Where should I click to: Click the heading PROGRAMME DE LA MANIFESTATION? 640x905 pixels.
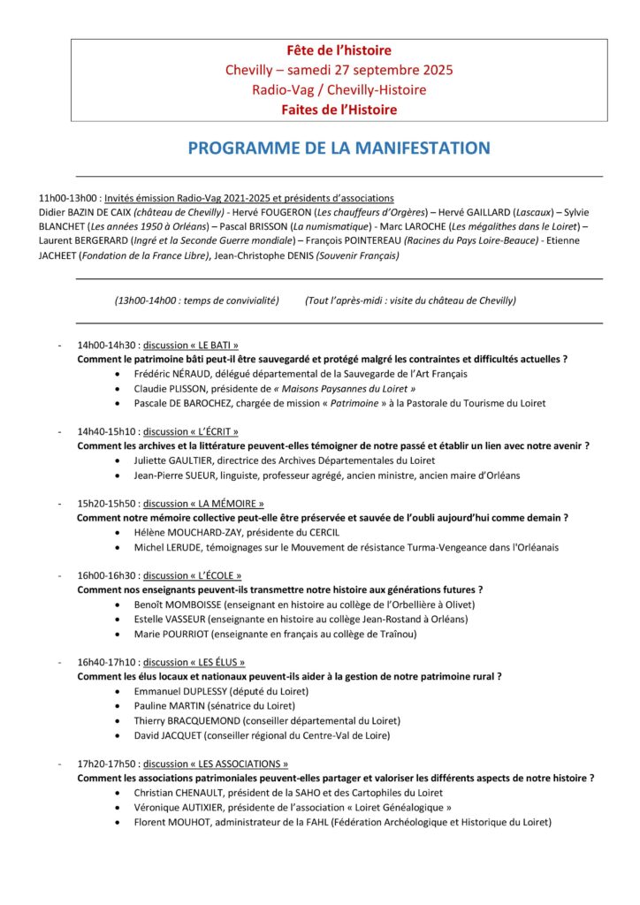coord(339,148)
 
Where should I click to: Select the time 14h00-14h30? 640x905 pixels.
coord(107,346)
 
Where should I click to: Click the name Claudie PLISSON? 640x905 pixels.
coord(170,389)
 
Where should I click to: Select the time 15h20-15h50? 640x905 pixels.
coord(107,504)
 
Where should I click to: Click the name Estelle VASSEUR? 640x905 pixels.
coord(171,620)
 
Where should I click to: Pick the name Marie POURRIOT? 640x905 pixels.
coord(171,634)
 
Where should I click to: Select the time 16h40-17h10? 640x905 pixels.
coord(107,662)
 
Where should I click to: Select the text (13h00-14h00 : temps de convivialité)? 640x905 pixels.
coord(196,300)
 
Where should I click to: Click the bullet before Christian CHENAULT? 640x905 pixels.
coord(119,793)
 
